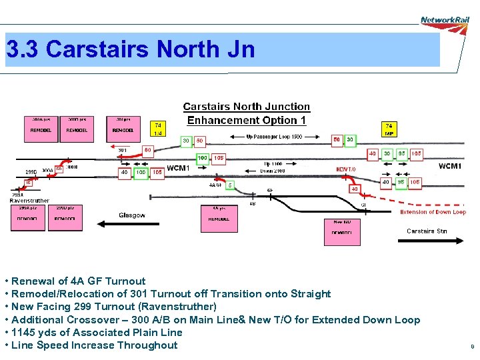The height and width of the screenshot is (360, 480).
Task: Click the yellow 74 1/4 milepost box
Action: click(x=158, y=129)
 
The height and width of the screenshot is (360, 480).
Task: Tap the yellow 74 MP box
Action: click(x=389, y=129)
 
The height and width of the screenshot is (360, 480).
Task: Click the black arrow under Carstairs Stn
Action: click(x=427, y=241)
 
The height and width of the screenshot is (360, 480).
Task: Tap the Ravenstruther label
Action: click(x=29, y=200)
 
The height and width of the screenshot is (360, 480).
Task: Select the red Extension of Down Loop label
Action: click(x=433, y=212)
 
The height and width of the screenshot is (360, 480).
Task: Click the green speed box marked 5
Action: click(x=230, y=185)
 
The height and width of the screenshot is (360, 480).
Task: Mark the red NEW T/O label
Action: click(x=346, y=169)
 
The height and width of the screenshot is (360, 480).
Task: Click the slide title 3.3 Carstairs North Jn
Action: click(x=131, y=49)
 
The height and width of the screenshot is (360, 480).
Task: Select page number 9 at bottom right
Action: click(x=472, y=347)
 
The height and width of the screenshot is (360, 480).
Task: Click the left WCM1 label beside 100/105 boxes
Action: click(x=178, y=168)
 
